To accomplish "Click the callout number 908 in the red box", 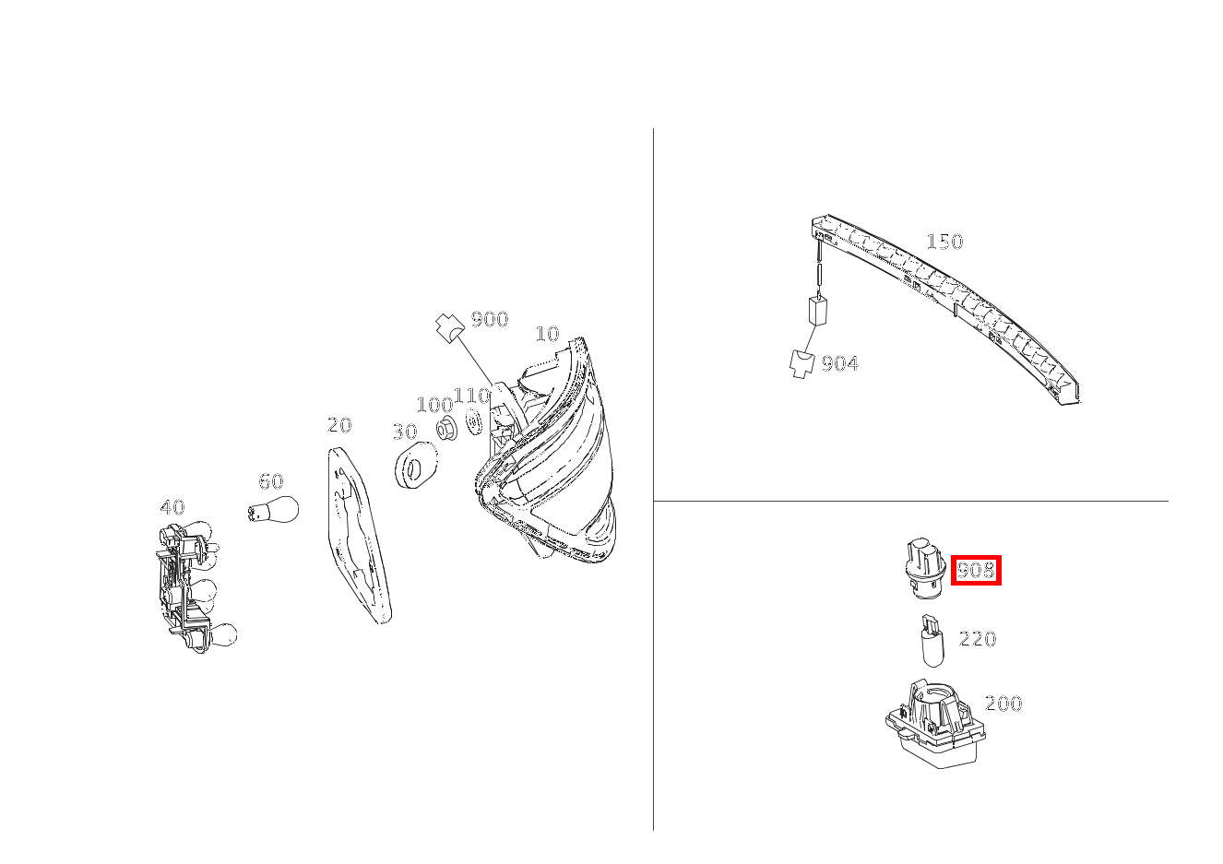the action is (976, 571).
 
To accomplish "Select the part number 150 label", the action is (944, 242).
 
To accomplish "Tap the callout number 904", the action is (839, 363).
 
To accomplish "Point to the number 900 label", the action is (490, 319).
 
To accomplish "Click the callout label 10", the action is (548, 334).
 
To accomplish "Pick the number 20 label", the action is (339, 425).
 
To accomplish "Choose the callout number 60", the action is (271, 481).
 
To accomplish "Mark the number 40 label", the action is (172, 507).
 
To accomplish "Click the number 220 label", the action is (978, 639).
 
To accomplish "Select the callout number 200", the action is (1003, 704).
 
